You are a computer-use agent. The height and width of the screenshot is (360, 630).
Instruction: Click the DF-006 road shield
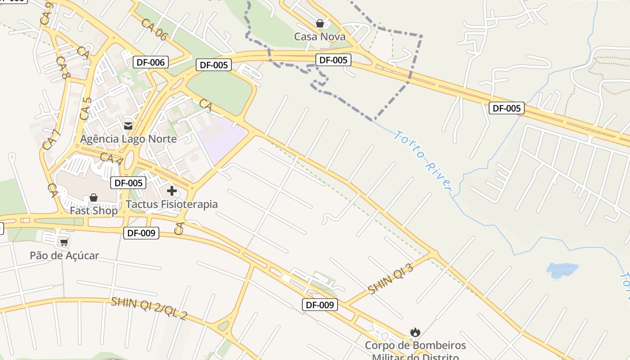[151, 62]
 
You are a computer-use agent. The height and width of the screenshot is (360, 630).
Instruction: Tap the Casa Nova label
[319, 37]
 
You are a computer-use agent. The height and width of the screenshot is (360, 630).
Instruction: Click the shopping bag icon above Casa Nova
[320, 23]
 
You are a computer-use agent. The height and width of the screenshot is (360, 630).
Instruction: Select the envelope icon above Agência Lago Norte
[128, 126]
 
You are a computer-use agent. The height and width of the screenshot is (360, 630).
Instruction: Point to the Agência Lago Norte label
[128, 139]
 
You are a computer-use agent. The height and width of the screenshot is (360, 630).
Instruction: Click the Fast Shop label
[94, 211]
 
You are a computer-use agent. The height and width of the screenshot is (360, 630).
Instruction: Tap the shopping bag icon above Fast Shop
[94, 198]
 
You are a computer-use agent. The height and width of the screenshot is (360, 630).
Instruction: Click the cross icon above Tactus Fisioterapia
[171, 191]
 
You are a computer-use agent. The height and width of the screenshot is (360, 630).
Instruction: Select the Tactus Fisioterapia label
[171, 204]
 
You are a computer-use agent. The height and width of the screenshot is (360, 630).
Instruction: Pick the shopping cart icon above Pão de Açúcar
[64, 243]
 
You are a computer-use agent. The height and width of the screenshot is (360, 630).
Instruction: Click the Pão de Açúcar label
[64, 256]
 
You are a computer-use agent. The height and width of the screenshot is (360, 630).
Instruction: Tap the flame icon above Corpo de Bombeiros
[415, 333]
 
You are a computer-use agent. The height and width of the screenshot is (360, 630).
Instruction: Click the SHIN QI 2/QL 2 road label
[148, 308]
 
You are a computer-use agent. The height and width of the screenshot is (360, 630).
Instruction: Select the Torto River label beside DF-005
[423, 159]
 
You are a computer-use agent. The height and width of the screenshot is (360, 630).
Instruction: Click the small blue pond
[562, 270]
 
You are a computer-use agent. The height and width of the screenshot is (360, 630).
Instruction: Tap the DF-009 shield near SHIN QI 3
[319, 305]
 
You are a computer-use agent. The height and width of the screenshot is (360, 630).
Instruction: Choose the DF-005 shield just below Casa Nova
[333, 60]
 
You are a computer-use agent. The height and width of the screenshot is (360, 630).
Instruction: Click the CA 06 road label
[154, 30]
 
